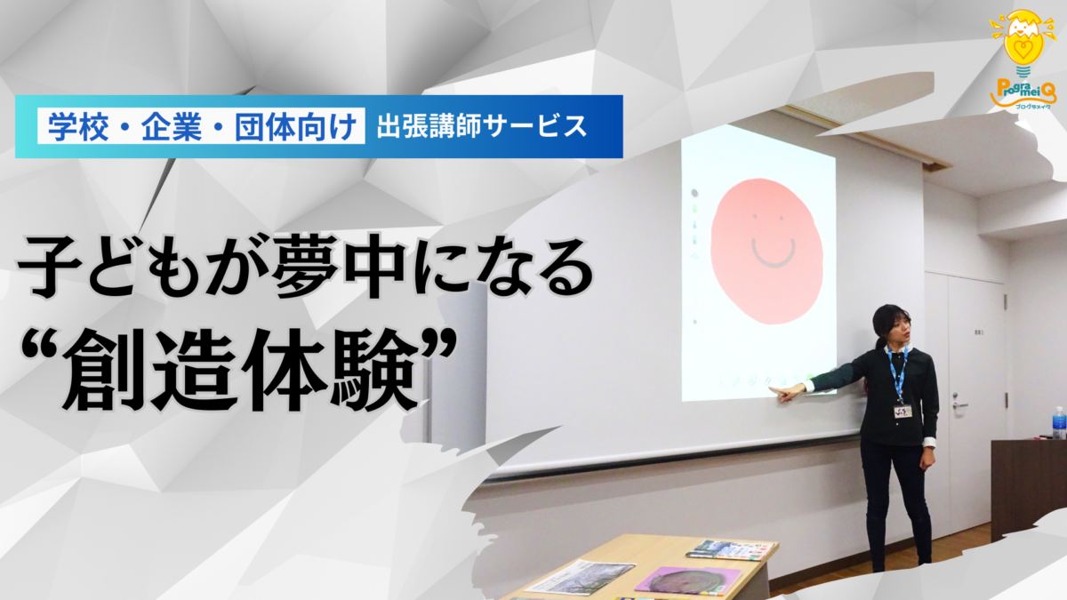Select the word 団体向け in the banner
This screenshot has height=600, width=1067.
tap(297, 126)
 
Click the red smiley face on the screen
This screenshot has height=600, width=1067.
tap(766, 251)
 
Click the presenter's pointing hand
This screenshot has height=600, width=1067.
tap(787, 392)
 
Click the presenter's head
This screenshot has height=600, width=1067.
tap(889, 326)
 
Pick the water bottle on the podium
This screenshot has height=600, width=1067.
tap(1058, 423)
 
